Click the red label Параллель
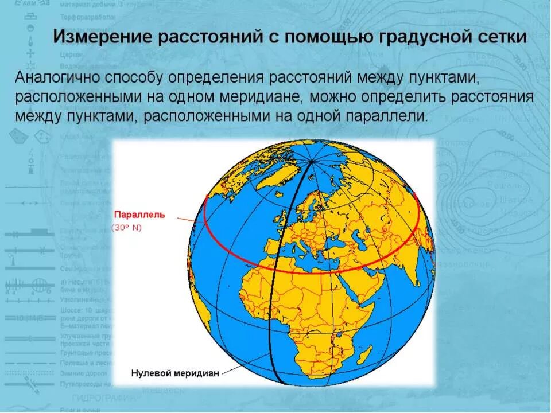(139, 215)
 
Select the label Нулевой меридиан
(175, 373)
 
